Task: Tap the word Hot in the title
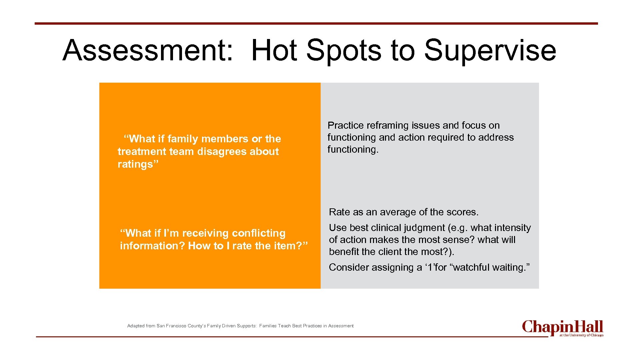tap(274, 50)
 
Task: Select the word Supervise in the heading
tap(490, 50)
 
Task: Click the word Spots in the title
tap(344, 50)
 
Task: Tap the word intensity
tap(514, 228)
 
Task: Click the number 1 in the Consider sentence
tap(429, 267)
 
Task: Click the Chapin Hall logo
tap(562, 328)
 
